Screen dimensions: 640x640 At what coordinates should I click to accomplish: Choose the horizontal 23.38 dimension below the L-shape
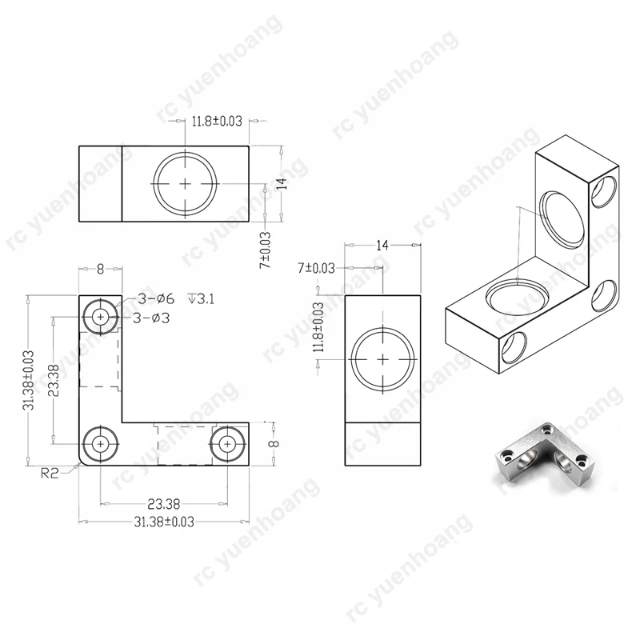(163, 504)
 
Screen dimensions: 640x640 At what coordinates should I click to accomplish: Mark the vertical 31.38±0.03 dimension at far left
(28, 380)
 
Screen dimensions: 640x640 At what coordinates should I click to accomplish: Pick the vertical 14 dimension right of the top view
(281, 183)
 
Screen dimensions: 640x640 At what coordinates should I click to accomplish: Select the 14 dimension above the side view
(381, 246)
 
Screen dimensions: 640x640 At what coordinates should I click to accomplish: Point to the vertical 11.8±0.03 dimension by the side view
(319, 327)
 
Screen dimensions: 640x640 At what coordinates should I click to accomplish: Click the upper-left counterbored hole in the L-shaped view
(100, 317)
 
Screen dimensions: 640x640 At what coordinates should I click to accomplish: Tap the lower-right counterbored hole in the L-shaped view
(228, 442)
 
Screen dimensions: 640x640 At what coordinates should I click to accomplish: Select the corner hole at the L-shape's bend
(100, 442)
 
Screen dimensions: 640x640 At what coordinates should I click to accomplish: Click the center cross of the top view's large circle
(186, 183)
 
